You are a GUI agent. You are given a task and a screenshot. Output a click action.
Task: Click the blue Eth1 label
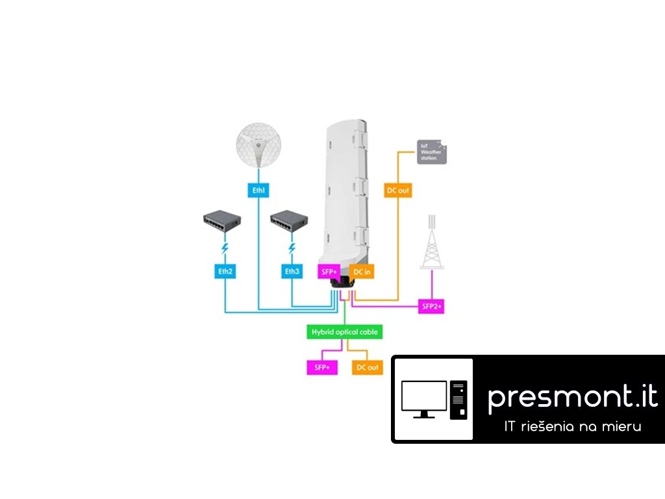[258, 191]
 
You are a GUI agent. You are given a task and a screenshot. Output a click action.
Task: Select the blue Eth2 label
[224, 271]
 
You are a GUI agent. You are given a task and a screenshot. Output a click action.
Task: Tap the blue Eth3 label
[292, 271]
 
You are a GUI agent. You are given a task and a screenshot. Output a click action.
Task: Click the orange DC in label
[362, 271]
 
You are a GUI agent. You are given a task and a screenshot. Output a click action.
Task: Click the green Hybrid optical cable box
[344, 332]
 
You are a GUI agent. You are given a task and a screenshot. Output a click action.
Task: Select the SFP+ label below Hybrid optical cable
[318, 367]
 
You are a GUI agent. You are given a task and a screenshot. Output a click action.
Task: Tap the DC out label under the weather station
[398, 191]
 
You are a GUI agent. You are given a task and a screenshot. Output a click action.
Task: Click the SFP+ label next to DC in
[329, 271]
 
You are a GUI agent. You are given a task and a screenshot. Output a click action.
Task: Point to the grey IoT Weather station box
[431, 152]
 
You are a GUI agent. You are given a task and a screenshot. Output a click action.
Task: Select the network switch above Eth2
[223, 222]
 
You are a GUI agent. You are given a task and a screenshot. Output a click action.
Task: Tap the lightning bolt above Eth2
[224, 249]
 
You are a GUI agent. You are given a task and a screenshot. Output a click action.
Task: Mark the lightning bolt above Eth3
[292, 249]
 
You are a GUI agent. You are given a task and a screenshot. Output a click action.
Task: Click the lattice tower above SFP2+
[432, 244]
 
